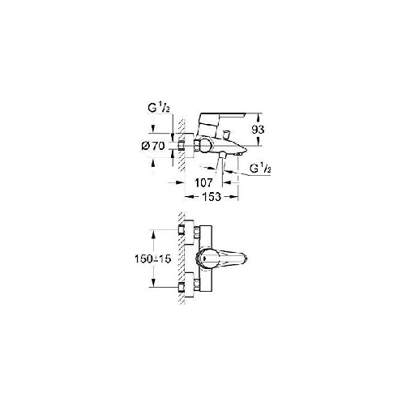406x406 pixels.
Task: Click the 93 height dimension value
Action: tap(258, 130)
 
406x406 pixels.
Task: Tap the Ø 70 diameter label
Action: tap(153, 146)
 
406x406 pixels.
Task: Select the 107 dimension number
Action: tap(203, 183)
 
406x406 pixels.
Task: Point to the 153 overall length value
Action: tap(212, 197)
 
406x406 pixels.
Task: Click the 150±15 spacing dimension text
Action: tap(153, 259)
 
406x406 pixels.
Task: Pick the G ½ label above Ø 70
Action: tap(159, 109)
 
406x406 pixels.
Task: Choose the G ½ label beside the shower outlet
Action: tap(260, 169)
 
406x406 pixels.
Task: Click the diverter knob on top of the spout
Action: tap(226, 134)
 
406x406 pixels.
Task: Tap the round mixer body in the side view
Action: tap(203, 146)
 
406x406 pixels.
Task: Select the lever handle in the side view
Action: tap(221, 119)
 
